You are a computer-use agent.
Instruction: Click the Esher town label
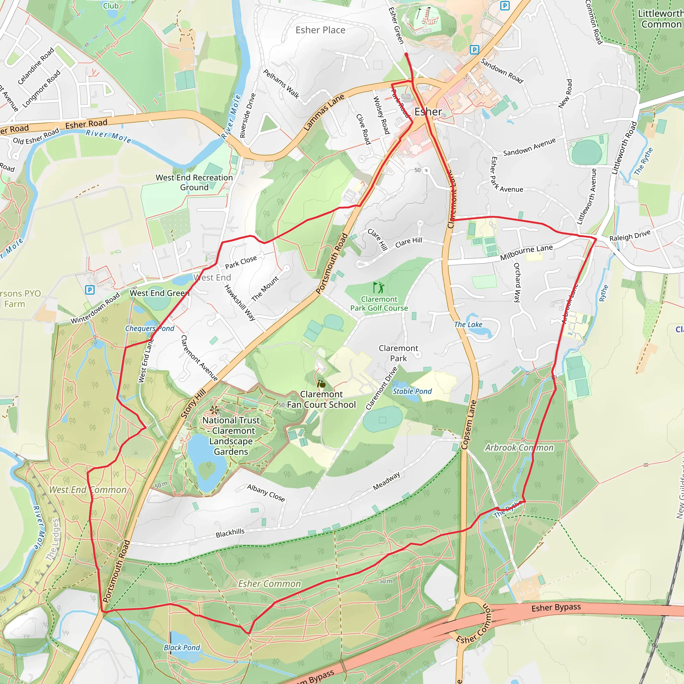point(428,112)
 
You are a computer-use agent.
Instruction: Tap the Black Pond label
point(182,648)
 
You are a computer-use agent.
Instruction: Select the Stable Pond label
point(412,391)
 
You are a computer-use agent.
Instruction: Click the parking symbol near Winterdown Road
point(90,290)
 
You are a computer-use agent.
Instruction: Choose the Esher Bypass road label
point(556,608)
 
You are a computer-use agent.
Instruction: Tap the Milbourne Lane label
point(526,252)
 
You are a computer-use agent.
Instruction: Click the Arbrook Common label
point(519,448)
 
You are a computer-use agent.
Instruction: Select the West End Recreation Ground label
point(194,182)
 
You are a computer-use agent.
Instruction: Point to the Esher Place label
point(320,30)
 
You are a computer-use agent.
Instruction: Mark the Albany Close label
point(266,493)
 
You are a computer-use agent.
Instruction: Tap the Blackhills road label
point(230,533)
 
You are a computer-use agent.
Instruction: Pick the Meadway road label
point(387,481)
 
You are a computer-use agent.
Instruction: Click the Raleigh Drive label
point(630,236)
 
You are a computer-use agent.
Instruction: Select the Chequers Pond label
point(149,329)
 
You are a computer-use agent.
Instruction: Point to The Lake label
point(468,324)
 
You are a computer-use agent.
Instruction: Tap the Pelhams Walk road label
point(281,84)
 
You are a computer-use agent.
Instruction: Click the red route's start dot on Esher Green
point(406,55)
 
